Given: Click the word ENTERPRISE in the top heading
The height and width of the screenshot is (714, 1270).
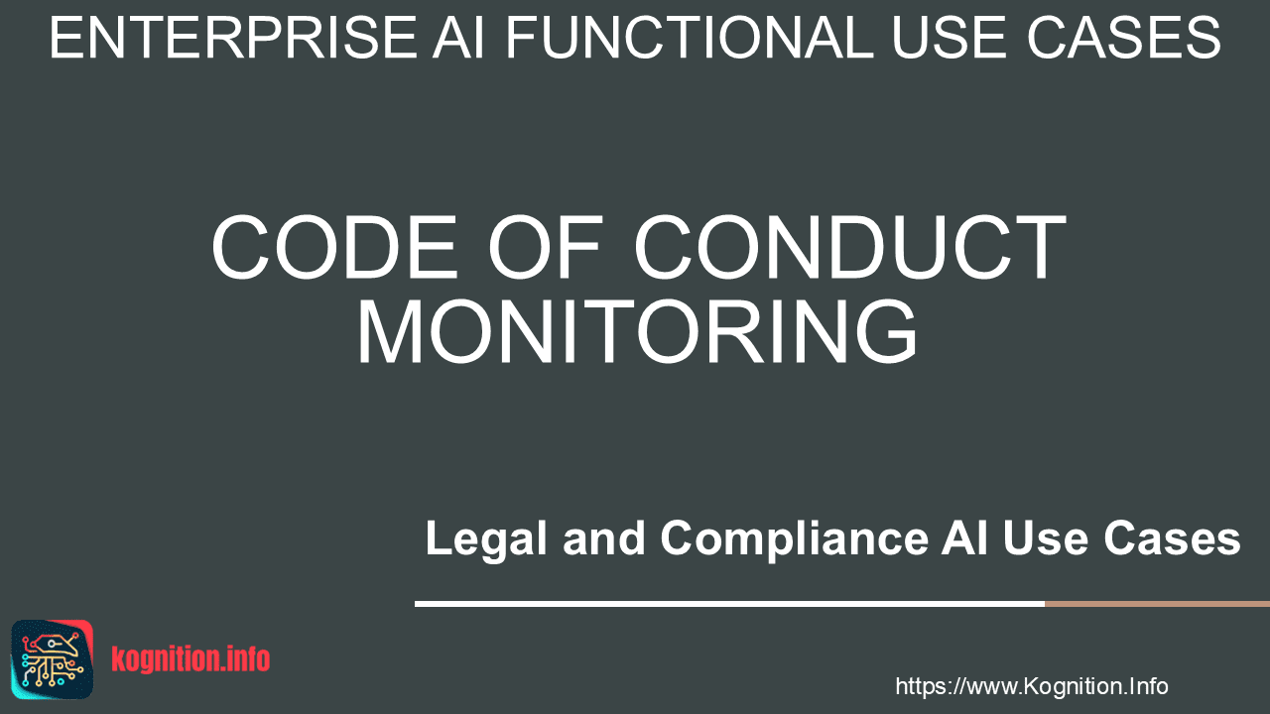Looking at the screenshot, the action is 233,38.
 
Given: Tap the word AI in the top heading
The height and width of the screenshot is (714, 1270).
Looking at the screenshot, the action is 458,38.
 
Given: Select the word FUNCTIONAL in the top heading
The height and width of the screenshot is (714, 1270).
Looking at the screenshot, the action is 689,38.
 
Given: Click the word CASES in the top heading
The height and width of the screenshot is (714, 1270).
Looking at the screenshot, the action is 1123,38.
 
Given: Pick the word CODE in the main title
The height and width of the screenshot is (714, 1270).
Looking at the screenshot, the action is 334,247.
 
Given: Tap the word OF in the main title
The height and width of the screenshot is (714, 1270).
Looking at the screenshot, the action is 544,247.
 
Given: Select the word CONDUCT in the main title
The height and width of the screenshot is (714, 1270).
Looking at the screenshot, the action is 850,247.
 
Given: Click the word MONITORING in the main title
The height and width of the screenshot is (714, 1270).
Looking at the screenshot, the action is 637,331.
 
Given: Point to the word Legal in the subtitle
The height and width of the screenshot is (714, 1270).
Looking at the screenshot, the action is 486,538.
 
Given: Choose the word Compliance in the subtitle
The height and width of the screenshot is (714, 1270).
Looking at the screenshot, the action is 794,538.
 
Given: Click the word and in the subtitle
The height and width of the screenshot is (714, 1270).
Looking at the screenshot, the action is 604,537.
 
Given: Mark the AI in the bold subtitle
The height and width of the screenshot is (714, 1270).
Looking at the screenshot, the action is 964,537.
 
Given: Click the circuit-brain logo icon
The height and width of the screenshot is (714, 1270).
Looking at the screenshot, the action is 53,659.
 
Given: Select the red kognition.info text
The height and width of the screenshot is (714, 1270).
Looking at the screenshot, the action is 190,659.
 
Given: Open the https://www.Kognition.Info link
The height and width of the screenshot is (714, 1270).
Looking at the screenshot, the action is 1032,686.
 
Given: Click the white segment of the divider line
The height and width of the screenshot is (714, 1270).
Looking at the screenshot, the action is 729,604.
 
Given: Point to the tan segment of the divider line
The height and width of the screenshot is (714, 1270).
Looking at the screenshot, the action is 1157,604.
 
